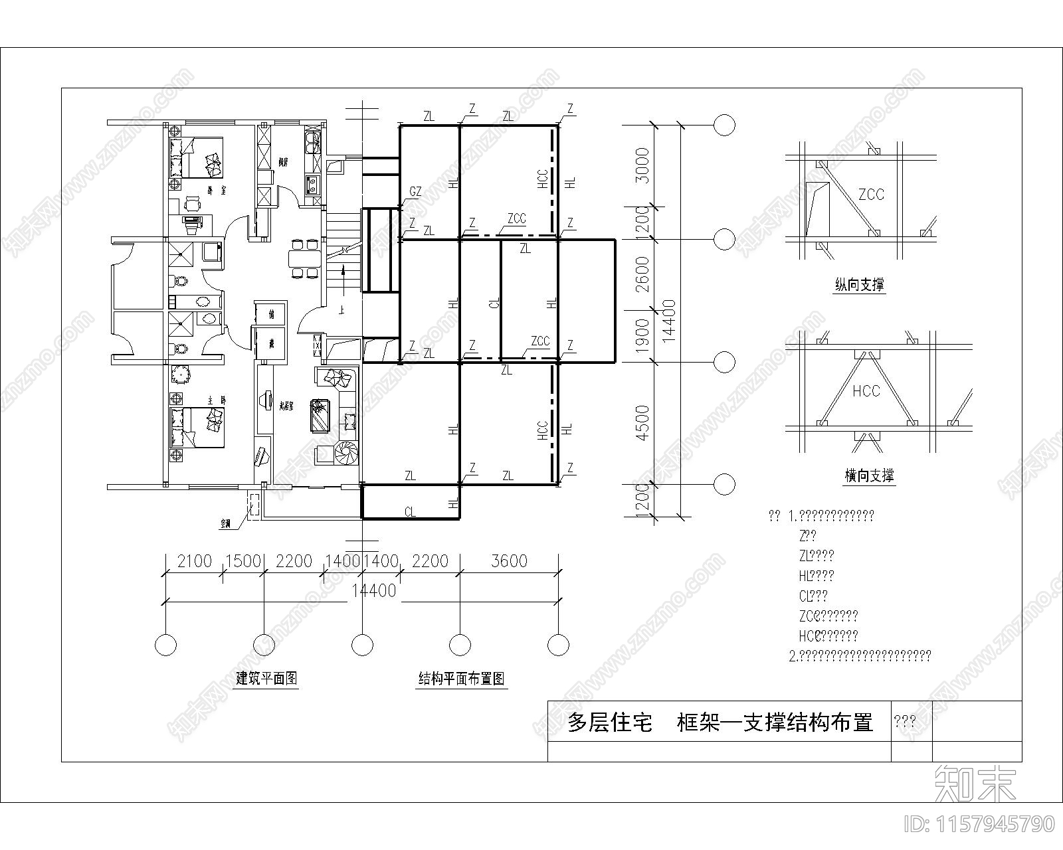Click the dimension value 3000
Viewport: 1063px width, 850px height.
pos(640,165)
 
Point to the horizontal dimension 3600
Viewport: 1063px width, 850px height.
pos(509,561)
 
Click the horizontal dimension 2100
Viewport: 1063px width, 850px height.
pos(193,561)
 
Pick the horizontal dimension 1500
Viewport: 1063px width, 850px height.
pos(242,561)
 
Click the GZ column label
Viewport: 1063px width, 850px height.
pos(415,192)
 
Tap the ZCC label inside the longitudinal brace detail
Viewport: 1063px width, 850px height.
pos(871,195)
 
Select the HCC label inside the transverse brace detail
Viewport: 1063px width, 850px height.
pos(866,391)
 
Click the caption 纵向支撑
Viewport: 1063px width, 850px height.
pos(860,286)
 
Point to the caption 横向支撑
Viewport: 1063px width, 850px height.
pos(869,475)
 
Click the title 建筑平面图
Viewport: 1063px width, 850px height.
pos(266,679)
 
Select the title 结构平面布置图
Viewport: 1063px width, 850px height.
pos(461,679)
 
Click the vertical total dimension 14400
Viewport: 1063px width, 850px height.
pos(669,321)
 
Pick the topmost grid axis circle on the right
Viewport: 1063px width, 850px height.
pos(724,124)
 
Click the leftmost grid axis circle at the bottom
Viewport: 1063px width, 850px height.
pos(165,644)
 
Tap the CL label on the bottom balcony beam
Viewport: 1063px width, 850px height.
pos(410,512)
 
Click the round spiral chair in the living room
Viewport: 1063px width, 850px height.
pos(347,454)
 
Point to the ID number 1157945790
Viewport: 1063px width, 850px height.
pos(979,824)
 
